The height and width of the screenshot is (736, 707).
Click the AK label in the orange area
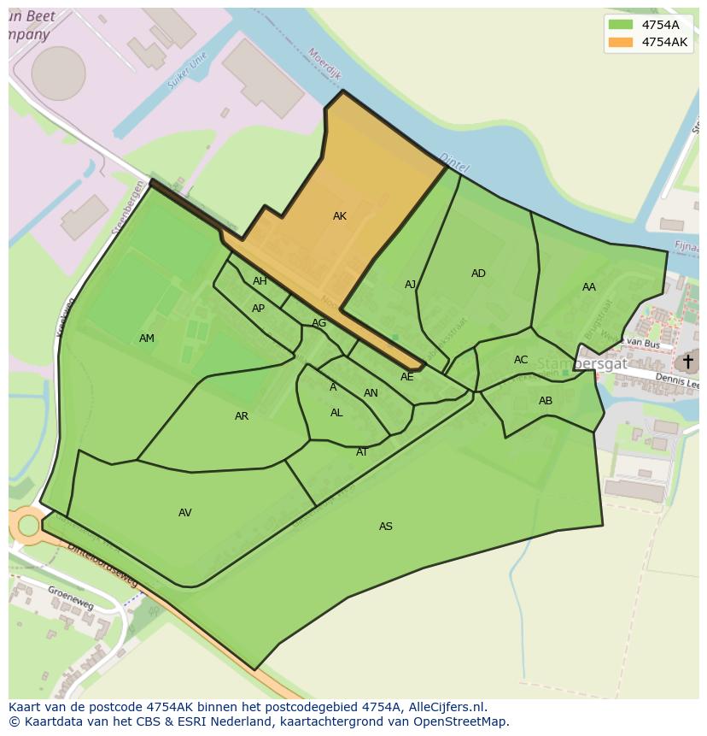(340, 216)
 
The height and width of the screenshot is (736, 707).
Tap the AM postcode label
(147, 339)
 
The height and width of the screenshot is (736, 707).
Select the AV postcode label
(185, 513)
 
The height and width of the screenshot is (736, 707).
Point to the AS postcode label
(386, 527)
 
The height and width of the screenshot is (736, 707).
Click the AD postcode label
(478, 274)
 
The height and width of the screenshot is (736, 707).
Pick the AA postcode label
(589, 287)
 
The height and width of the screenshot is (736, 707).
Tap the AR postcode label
(242, 416)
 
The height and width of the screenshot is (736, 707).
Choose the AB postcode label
(546, 401)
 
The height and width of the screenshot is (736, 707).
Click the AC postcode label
(521, 360)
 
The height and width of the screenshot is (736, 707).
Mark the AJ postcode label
(411, 285)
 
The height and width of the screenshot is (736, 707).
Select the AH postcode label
(260, 281)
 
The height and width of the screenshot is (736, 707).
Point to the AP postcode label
(258, 309)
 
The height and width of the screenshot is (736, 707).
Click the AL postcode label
(336, 413)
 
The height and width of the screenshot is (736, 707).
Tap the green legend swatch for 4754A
(621, 25)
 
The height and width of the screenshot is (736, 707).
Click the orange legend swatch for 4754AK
(621, 42)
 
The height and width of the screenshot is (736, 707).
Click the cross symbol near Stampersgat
(687, 362)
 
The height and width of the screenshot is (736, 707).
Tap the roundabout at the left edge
(28, 525)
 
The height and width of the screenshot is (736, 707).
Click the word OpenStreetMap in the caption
(461, 721)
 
